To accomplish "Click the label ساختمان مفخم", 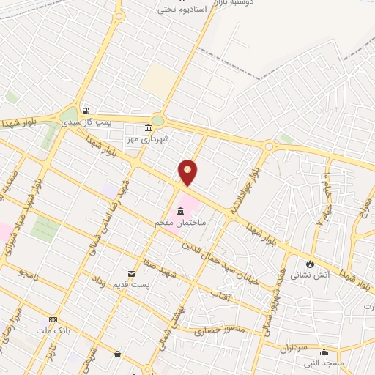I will point(180,220).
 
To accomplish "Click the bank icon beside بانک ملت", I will point(52,320).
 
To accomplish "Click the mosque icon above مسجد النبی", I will point(324,352).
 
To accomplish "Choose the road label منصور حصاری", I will point(218,333).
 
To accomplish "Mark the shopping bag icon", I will point(117,354).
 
